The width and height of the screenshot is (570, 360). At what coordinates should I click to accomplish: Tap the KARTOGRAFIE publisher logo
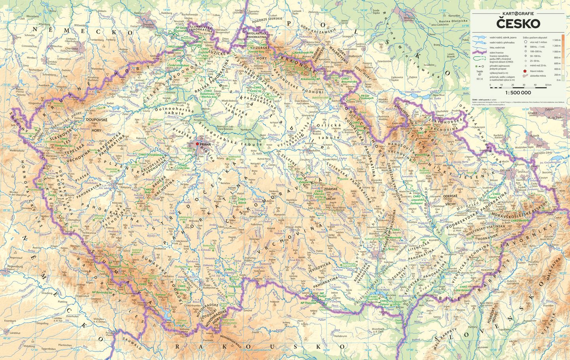pos(517,13)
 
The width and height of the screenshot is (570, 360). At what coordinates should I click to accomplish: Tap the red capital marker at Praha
pos(198,145)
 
